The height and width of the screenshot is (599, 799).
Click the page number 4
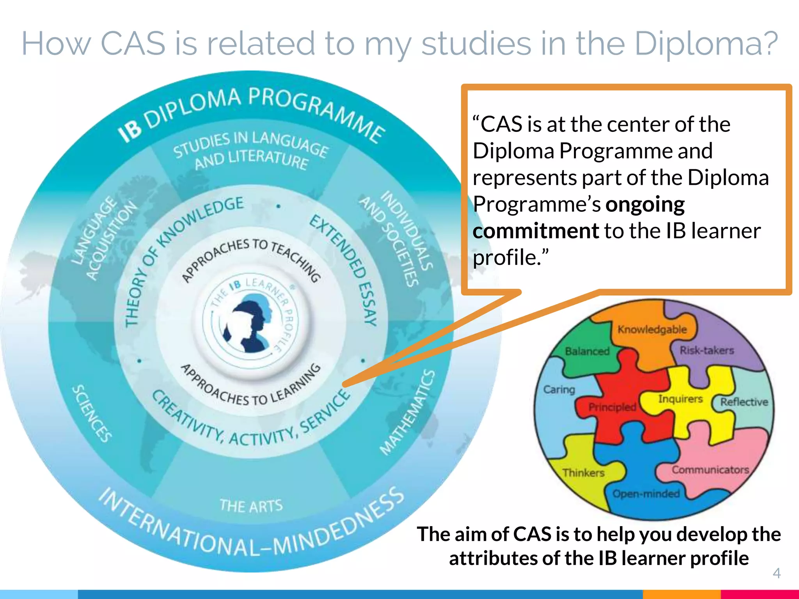pos(776,573)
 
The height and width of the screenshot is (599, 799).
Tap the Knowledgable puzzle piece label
pos(652,330)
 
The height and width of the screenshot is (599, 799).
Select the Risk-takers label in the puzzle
pos(707,350)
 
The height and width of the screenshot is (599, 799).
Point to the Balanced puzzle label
pos(587,351)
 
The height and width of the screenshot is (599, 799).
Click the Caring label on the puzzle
pos(559,389)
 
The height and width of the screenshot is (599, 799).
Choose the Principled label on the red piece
pos(612,407)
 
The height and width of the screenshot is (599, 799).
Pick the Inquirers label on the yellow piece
pos(680,399)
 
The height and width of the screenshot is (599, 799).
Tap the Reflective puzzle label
pos(744,402)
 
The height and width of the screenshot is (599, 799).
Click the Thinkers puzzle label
pos(583,473)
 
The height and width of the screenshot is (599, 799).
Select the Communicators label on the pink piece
pos(710,470)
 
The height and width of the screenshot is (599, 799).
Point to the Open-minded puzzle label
pos(646,494)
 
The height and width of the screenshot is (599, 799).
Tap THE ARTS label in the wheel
pos(251,506)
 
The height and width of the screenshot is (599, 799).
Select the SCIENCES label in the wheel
pos(92,414)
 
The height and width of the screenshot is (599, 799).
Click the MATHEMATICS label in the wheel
pos(408,413)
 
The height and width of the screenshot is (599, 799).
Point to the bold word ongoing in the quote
pos(645,205)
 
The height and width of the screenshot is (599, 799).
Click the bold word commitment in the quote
pos(536,231)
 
